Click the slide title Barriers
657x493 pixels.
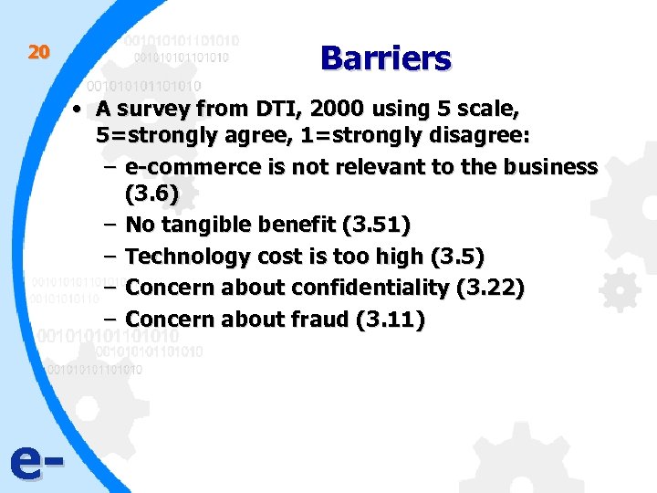(385, 58)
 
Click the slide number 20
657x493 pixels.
(37, 52)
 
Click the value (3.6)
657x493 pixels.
(151, 194)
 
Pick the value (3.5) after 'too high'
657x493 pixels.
(456, 257)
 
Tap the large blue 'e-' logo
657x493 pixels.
(36, 464)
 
